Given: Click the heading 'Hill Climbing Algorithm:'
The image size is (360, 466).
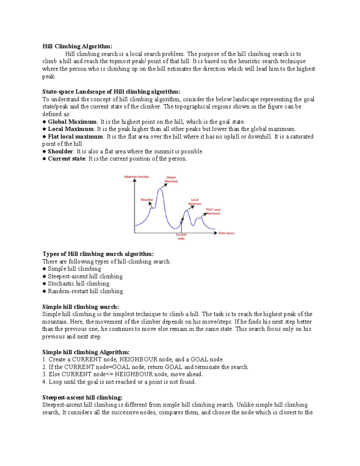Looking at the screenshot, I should click(77, 46).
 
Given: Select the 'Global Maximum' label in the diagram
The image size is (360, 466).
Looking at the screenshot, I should click(171, 179).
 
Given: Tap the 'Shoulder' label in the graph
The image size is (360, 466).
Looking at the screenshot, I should click(147, 200).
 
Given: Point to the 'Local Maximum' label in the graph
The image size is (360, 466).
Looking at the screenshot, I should click(195, 202).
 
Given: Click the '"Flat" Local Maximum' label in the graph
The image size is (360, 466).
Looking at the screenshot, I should click(213, 212).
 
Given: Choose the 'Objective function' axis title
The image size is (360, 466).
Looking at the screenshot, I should click(136, 177).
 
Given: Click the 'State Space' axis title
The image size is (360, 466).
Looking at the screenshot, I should click(226, 233).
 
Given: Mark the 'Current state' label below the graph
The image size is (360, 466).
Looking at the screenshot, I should click(181, 237).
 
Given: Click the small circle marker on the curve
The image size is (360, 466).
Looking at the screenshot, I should click(181, 222).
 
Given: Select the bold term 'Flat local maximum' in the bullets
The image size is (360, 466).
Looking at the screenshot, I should click(75, 137).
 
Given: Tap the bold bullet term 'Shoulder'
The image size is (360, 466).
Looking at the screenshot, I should click(60, 152).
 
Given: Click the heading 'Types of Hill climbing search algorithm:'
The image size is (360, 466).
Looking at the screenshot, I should click(98, 254).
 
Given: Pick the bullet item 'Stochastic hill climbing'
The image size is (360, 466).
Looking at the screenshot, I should click(78, 284).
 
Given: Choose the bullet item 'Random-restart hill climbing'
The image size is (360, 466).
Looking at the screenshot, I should click(85, 291).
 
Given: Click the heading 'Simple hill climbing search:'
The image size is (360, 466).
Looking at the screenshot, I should click(80, 307).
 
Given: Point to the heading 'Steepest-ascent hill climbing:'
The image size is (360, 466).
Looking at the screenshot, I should click(82, 398).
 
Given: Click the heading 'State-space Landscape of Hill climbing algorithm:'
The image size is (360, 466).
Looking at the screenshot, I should click(111, 92).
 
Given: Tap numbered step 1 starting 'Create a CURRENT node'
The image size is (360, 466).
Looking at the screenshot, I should click(133, 359).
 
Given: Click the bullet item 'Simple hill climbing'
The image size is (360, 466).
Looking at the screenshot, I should click(74, 269).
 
